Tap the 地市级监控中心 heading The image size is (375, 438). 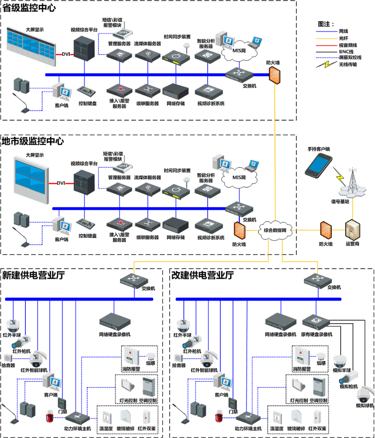33,141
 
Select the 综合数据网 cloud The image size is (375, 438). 278,230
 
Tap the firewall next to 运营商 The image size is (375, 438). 326,230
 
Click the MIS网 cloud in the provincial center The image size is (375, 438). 239,50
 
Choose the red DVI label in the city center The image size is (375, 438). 61,183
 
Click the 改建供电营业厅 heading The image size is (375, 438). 203,275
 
